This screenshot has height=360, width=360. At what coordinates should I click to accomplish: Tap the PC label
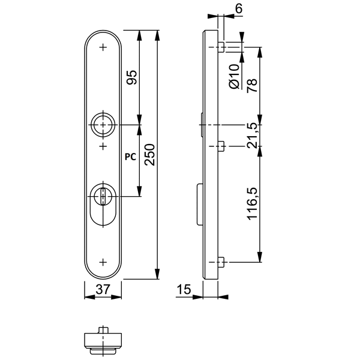point(128,156)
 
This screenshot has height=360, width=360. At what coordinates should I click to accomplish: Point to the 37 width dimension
point(103,289)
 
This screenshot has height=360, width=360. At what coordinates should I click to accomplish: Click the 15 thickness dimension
point(184,290)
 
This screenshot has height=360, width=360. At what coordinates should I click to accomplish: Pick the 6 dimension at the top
point(239,8)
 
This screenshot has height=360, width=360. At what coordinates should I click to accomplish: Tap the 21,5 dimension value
point(251,136)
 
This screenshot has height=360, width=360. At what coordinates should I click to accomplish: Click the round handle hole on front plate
point(103,124)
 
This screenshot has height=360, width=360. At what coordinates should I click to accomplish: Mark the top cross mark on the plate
point(103,47)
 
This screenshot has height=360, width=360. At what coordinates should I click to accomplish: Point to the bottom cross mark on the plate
point(103,262)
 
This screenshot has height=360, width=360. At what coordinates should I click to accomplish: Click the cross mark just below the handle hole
point(103,146)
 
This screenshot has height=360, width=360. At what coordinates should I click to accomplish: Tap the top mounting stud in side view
point(221,47)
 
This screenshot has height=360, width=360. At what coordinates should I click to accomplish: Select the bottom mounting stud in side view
point(221,262)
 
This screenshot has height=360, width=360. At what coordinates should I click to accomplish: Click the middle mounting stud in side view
point(221,146)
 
